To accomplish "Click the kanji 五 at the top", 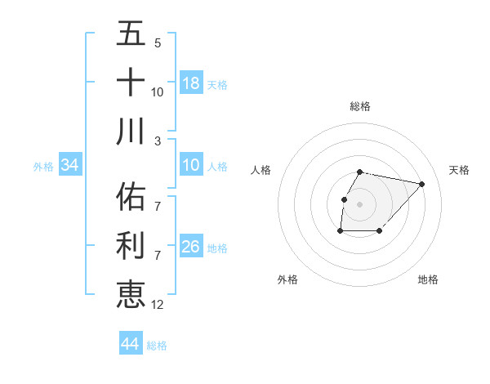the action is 131,33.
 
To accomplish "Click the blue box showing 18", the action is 191,83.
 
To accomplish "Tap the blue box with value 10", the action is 191,166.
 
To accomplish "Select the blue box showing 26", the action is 191,248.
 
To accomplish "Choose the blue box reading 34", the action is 70,166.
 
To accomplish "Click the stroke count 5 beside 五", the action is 157,43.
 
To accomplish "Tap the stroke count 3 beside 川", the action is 157,141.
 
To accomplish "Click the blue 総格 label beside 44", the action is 158,346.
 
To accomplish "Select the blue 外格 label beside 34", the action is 43,167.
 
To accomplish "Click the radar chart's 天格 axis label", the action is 459,170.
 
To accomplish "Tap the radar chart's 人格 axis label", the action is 261,170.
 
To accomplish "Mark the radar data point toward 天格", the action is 421,184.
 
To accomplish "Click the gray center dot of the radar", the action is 359,203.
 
